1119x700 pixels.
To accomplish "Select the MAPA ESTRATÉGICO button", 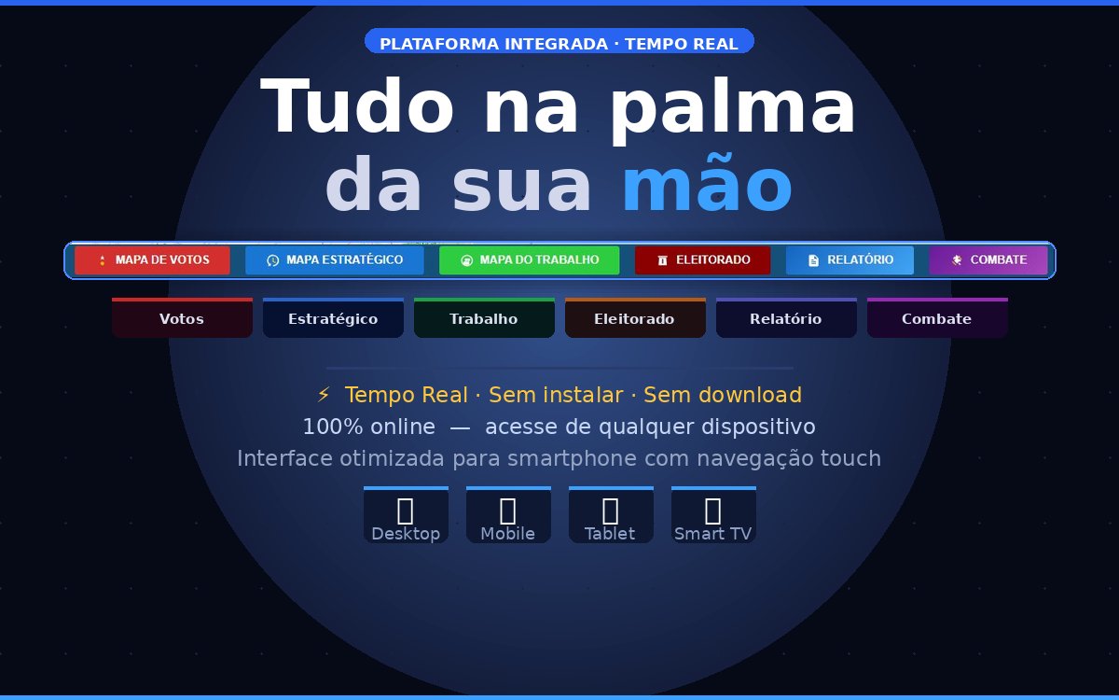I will point(334,260).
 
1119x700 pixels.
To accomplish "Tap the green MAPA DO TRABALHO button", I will point(529,260).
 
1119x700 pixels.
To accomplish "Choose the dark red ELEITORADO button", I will point(702,260).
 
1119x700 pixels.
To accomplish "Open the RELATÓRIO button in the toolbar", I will point(850,260).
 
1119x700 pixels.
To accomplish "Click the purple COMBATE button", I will point(988,260).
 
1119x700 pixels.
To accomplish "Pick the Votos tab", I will point(182,319).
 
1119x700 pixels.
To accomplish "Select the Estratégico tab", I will point(333,319).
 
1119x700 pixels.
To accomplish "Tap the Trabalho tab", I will point(484,319).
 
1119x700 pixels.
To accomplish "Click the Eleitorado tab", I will point(635,319).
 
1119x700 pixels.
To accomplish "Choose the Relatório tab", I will point(786,319).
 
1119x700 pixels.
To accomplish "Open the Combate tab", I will point(937,319).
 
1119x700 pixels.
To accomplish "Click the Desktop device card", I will point(406,515).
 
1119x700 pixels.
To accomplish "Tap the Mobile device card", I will point(508,515).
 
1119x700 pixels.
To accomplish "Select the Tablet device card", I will point(611,515).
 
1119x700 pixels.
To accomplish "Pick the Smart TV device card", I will point(713,515).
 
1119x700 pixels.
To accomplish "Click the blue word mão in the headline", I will point(707,186).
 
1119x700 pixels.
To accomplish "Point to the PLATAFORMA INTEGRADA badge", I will point(559,43).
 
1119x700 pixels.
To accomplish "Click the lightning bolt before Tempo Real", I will point(324,395).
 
